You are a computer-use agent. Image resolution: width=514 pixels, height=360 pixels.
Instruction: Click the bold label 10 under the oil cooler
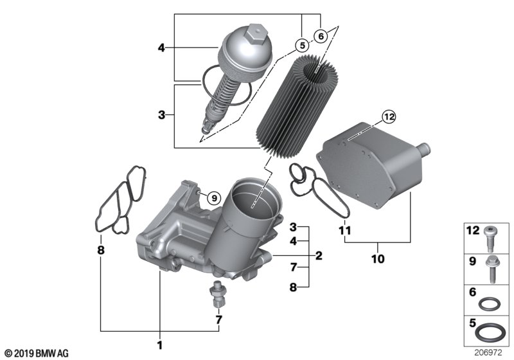[x=378, y=258]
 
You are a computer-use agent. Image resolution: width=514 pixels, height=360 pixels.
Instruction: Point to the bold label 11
[x=344, y=230]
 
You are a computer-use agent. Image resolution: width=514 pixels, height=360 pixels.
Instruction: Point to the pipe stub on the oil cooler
[x=421, y=150]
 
